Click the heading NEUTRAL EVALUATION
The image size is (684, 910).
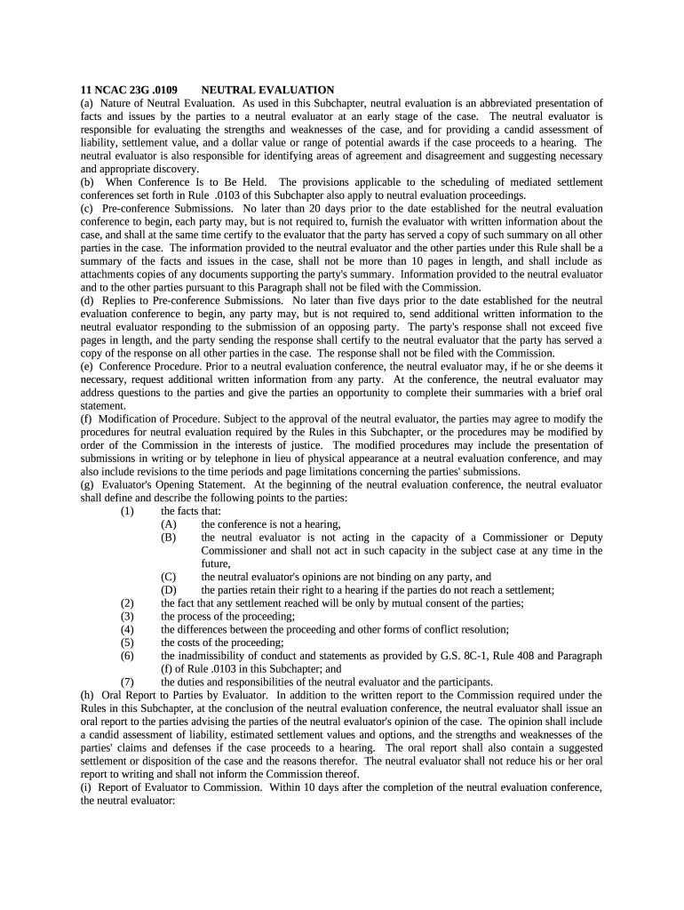pos(267,90)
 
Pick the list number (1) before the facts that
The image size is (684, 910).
pos(127,511)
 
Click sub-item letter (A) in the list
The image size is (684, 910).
pos(168,524)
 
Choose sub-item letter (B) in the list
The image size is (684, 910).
pos(168,538)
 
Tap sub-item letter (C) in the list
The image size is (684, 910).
pos(168,577)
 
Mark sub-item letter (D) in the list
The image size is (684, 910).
pos(168,590)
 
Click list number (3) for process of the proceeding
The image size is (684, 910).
pos(127,616)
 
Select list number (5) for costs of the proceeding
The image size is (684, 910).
pos(127,643)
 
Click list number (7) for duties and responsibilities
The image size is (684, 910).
pos(127,682)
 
